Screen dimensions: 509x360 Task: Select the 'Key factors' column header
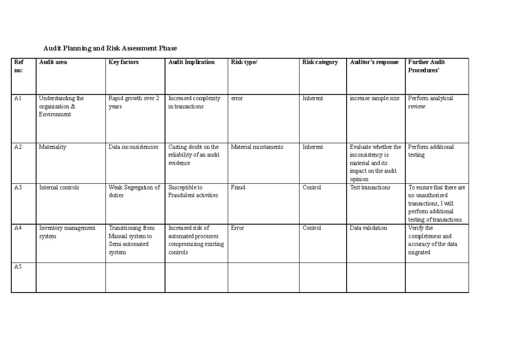(123, 62)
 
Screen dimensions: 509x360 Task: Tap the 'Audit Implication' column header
(191, 62)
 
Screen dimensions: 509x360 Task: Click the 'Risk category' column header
(320, 62)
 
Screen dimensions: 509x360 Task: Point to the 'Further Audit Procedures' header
(426, 66)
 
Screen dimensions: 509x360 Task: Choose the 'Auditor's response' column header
(374, 62)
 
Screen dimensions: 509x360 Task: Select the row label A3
(18, 187)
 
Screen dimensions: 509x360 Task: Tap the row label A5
(18, 267)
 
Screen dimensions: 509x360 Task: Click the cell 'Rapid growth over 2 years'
(134, 103)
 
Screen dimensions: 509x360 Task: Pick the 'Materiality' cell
(53, 147)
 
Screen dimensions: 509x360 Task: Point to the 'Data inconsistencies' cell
(133, 147)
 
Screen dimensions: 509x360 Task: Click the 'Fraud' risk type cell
(238, 187)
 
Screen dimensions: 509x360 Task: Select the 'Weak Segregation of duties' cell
(134, 191)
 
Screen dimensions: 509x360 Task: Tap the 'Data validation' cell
(368, 228)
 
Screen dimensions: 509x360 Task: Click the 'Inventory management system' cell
(67, 232)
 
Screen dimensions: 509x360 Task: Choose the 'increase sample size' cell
(374, 98)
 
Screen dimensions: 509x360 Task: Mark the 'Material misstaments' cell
(257, 147)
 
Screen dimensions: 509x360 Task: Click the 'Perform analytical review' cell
(430, 102)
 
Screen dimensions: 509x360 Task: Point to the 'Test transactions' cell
(370, 187)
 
